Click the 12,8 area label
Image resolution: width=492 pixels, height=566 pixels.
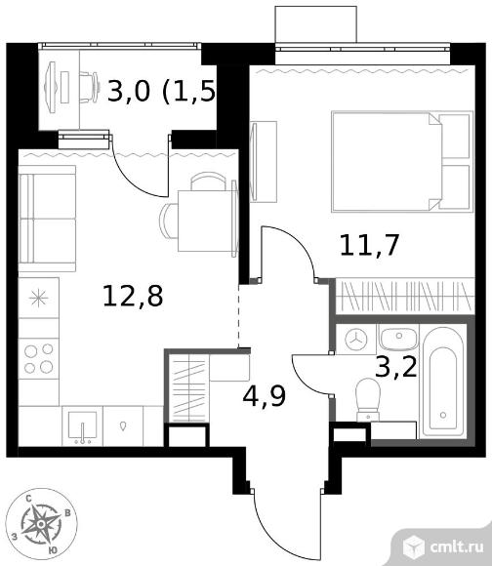[133, 296]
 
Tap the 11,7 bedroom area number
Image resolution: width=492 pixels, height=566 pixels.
[369, 246]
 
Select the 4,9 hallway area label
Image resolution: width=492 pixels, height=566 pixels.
[265, 396]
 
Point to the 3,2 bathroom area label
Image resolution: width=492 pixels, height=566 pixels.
[396, 368]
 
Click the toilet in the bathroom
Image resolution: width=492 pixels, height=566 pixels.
[368, 399]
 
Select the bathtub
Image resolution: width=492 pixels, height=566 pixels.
[443, 382]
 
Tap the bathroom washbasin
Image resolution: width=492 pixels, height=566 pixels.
[398, 339]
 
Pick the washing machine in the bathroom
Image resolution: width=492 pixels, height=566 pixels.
[356, 340]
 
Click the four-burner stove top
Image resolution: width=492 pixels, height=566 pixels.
[39, 358]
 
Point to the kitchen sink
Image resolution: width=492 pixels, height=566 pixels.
[83, 426]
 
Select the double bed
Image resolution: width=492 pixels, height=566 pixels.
[402, 161]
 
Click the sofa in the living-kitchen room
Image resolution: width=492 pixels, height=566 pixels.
[47, 219]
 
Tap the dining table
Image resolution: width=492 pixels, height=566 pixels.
[205, 222]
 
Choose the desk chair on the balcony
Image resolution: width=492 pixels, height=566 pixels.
[89, 88]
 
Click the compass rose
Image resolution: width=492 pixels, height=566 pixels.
[42, 523]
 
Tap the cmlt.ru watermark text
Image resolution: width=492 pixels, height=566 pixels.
[456, 546]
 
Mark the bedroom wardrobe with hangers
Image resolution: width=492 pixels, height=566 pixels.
[405, 296]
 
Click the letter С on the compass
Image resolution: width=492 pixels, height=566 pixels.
[28, 499]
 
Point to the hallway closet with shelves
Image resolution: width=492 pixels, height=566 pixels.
[188, 387]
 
